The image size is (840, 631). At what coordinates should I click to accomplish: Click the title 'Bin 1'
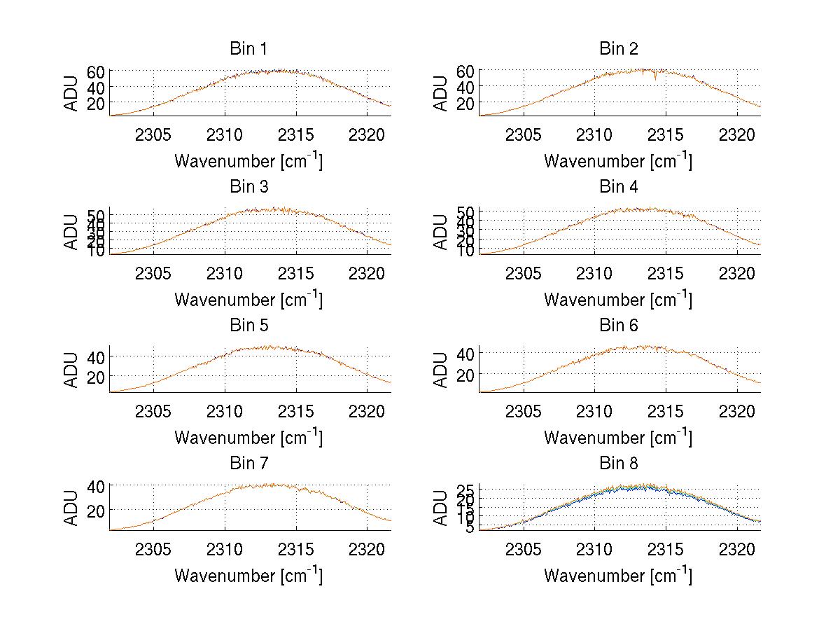point(248,49)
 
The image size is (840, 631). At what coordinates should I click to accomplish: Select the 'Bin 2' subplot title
point(619,49)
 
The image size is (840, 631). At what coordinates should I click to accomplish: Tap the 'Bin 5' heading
point(248,326)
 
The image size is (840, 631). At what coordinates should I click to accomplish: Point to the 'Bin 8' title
point(619,464)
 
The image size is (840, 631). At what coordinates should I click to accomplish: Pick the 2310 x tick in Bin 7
point(225,550)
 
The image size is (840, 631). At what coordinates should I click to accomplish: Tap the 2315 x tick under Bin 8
point(666,550)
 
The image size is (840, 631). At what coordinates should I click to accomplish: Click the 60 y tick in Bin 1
point(96,71)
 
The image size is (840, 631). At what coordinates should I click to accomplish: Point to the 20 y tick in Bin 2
point(465,104)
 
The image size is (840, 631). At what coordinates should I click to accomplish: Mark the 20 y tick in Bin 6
point(465,375)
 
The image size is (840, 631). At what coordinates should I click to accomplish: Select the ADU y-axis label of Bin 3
point(73,232)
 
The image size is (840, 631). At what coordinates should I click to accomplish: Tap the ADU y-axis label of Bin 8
point(442,508)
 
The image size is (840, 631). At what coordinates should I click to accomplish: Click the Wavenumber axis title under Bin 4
point(618,300)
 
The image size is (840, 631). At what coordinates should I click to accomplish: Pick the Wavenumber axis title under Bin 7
point(248,576)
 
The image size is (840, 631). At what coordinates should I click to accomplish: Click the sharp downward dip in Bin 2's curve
point(655,79)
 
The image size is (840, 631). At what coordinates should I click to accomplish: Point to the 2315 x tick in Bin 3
point(296,273)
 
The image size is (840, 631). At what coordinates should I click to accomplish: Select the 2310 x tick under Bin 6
point(594,412)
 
